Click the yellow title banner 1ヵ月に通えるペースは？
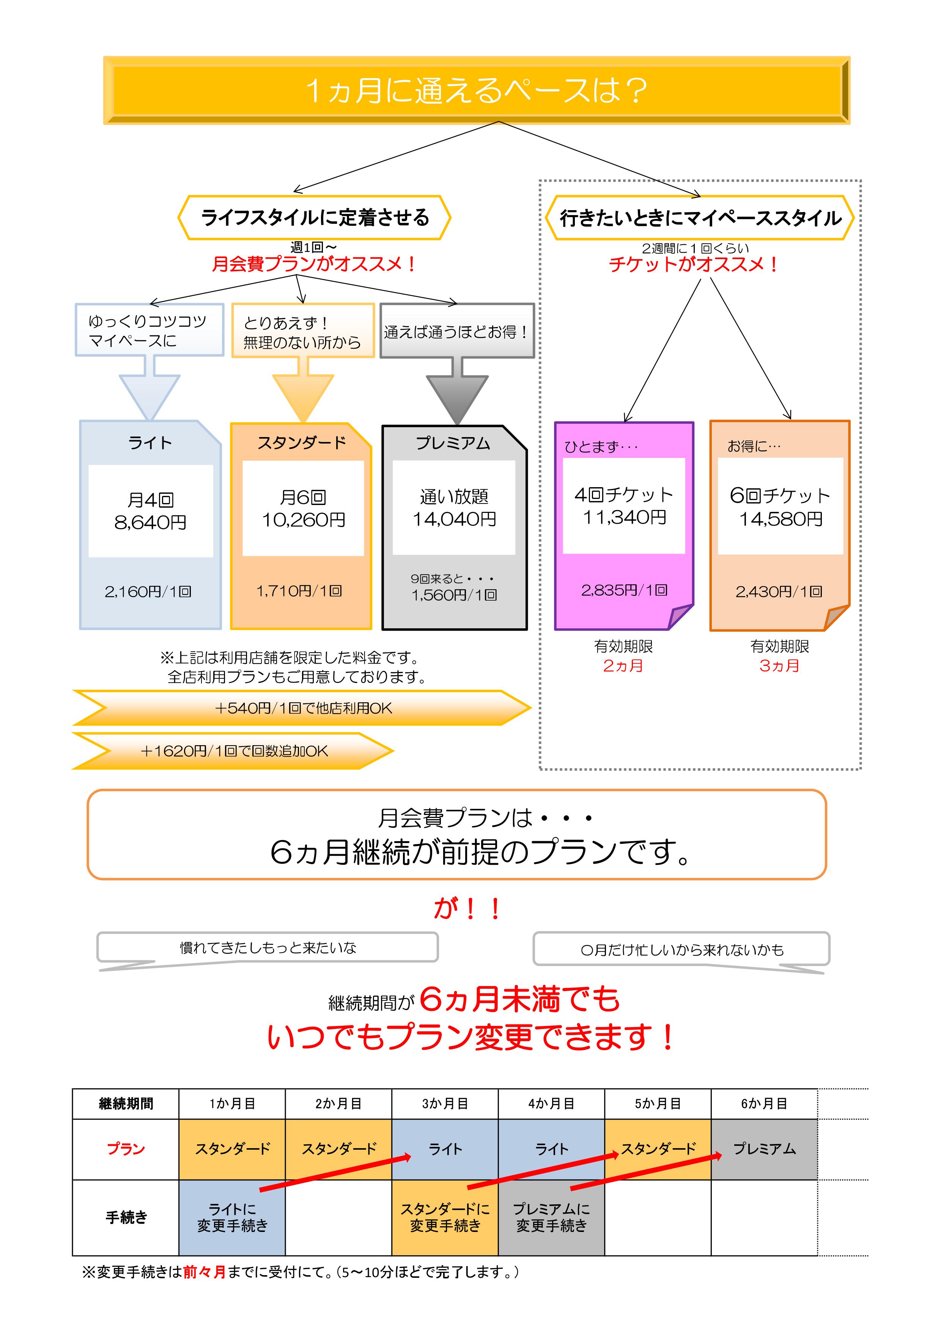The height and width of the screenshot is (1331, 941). point(476,90)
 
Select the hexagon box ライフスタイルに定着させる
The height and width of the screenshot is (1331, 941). point(314,217)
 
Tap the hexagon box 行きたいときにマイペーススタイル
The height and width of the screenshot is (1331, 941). point(700,218)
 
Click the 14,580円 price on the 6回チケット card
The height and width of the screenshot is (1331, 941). point(780,519)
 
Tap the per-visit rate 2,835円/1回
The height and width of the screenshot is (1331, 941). point(625,590)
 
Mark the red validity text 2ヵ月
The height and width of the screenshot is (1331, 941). point(623,665)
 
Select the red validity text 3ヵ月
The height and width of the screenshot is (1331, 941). point(779,665)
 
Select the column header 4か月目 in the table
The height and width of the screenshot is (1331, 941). point(551,1104)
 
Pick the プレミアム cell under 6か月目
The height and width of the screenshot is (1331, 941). point(764,1149)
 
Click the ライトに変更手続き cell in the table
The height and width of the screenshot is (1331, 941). point(232,1218)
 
